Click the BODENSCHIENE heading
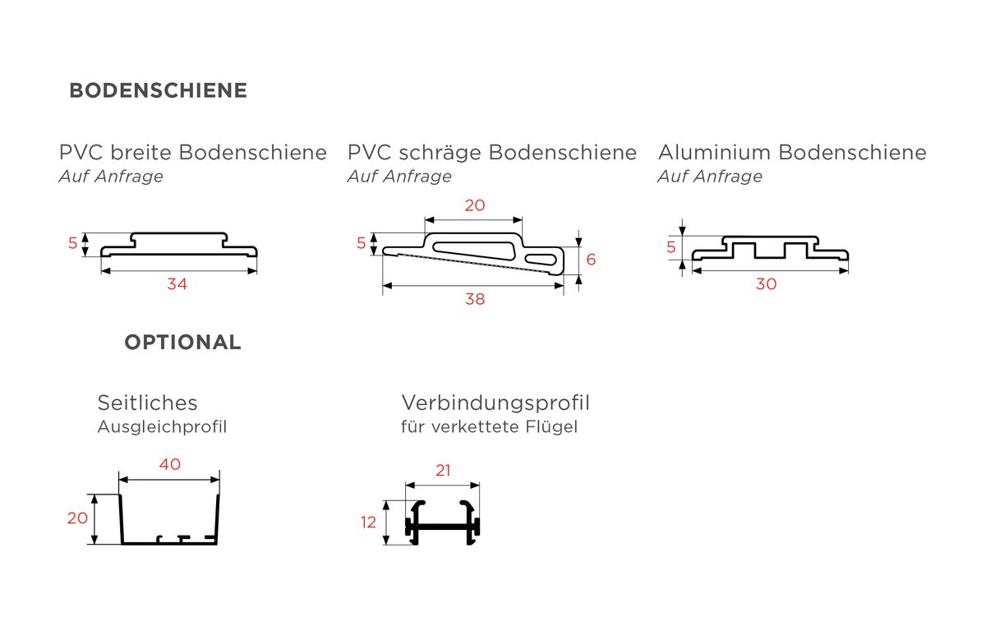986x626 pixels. [x=158, y=90]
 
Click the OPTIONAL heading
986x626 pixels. [x=182, y=342]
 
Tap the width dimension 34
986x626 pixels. [x=177, y=284]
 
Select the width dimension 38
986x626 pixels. [x=475, y=299]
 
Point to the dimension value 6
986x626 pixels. [x=591, y=260]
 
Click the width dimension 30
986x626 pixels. [x=767, y=284]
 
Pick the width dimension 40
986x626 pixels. [x=170, y=464]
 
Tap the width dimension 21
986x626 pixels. [x=443, y=471]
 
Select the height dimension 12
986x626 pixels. [x=368, y=522]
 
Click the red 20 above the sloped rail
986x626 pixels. [x=475, y=205]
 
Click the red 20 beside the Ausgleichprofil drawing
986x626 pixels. [x=77, y=518]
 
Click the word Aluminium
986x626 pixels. [x=713, y=152]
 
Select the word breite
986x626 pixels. [x=141, y=152]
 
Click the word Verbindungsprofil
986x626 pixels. [x=495, y=403]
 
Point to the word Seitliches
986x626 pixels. [x=147, y=403]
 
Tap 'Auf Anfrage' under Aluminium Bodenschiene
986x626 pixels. [x=710, y=177]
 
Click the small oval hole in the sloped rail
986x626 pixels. [x=541, y=259]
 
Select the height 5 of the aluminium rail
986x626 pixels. [x=670, y=247]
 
